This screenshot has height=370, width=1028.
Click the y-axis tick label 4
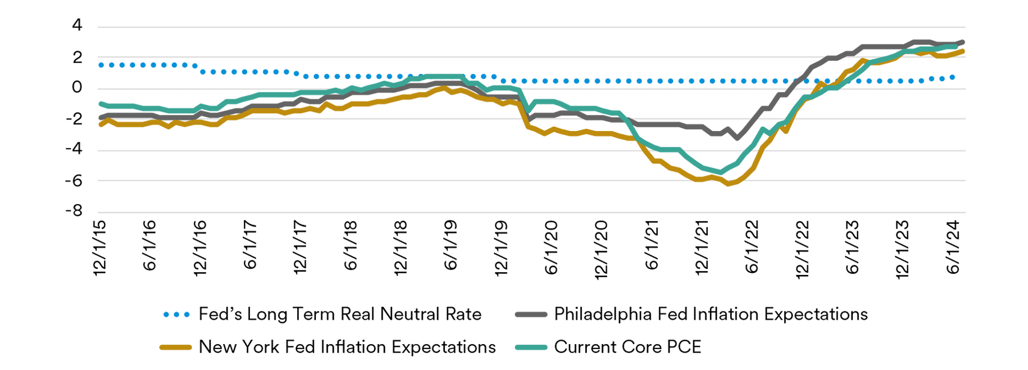(x=77, y=25)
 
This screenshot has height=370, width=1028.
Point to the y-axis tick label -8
(x=74, y=211)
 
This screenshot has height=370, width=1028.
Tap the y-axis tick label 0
(x=77, y=87)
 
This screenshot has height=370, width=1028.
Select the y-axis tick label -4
(x=74, y=148)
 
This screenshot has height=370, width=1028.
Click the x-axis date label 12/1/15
(x=100, y=248)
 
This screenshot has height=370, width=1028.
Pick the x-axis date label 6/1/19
(x=450, y=245)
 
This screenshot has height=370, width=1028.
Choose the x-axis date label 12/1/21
(x=702, y=248)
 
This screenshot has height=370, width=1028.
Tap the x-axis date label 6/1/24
(x=953, y=246)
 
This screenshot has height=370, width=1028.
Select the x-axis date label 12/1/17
(x=300, y=248)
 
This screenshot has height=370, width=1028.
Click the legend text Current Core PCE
(x=628, y=347)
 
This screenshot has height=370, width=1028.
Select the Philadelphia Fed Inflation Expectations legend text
(x=711, y=314)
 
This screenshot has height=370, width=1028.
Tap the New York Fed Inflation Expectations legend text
(x=347, y=347)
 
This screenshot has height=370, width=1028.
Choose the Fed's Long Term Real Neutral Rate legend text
(x=340, y=314)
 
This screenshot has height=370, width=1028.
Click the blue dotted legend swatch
(x=176, y=315)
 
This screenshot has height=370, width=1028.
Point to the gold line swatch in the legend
(x=176, y=347)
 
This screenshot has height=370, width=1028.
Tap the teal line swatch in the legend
(x=531, y=347)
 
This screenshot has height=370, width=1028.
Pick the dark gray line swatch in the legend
(x=531, y=315)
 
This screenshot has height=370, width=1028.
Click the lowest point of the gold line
(x=729, y=184)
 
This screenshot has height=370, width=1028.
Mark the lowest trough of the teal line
(x=720, y=172)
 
